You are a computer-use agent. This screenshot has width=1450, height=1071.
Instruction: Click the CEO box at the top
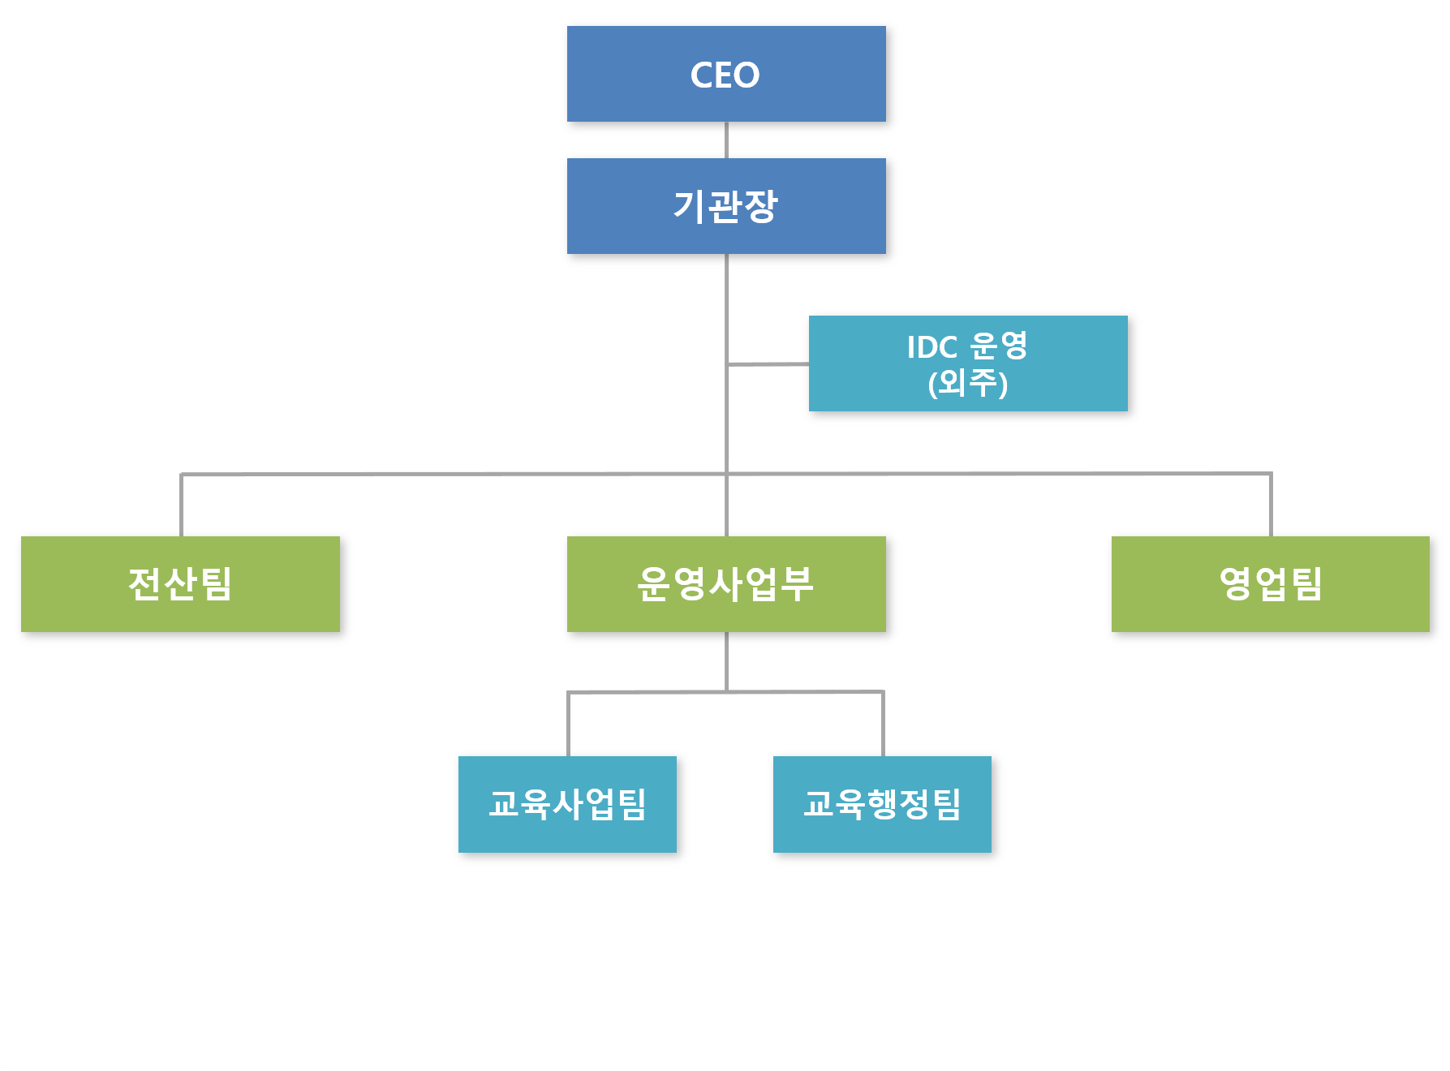(x=726, y=74)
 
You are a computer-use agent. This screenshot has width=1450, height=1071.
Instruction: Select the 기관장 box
(x=726, y=206)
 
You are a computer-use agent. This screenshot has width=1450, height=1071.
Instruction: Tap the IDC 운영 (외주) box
(x=968, y=363)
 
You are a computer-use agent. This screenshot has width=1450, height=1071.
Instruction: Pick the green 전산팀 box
(x=180, y=583)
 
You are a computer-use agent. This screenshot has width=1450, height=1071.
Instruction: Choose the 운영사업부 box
(x=726, y=583)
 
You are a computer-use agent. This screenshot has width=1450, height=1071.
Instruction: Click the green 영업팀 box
(x=1270, y=583)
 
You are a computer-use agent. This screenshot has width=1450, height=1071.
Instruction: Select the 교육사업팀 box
(x=567, y=804)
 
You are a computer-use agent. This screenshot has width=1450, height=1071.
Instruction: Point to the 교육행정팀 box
(x=882, y=804)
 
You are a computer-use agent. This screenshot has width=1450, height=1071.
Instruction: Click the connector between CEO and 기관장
(x=726, y=140)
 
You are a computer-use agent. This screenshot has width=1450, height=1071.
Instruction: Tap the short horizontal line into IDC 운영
(x=768, y=364)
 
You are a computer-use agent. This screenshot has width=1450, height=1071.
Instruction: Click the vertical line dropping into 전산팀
(x=181, y=505)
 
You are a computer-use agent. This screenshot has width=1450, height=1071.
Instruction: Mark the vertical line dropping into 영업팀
(x=1271, y=504)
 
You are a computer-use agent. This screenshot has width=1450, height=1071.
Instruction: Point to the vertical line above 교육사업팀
(x=568, y=724)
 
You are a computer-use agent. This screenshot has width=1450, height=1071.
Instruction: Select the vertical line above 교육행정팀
(x=883, y=723)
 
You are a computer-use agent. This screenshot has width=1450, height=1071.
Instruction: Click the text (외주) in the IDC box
(x=968, y=383)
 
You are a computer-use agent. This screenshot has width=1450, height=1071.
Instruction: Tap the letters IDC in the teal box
(x=932, y=347)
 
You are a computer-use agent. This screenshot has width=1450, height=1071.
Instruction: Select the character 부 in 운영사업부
(x=796, y=583)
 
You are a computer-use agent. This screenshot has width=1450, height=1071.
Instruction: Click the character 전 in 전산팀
(x=145, y=583)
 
